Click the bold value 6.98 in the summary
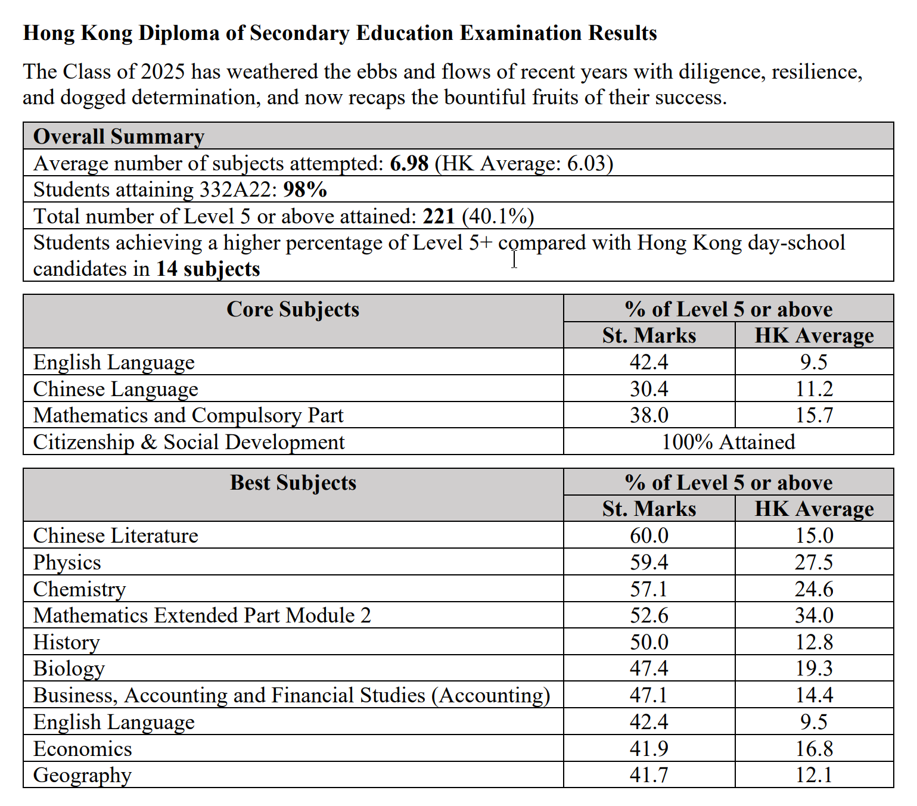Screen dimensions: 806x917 click(x=409, y=163)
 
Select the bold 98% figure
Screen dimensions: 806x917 click(x=305, y=189)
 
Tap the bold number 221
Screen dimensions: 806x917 click(x=439, y=216)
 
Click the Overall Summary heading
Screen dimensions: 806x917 click(x=119, y=136)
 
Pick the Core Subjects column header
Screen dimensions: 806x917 click(x=293, y=310)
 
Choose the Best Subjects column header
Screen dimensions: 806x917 click(x=293, y=483)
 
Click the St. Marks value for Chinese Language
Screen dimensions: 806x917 click(x=649, y=389)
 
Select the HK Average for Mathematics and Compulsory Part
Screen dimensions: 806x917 click(x=814, y=415)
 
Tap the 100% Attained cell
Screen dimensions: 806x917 click(x=728, y=442)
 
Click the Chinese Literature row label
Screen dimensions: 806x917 click(x=116, y=536)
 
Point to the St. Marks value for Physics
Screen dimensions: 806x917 click(x=649, y=562)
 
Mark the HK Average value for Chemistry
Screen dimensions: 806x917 click(x=814, y=589)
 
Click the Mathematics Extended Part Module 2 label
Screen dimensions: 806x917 click(x=202, y=615)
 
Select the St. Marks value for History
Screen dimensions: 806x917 click(x=649, y=642)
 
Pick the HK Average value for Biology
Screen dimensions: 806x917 click(x=814, y=668)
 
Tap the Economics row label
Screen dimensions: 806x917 click(x=82, y=749)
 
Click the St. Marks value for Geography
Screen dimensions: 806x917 click(x=649, y=775)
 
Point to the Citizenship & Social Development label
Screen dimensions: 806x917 click(x=189, y=442)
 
